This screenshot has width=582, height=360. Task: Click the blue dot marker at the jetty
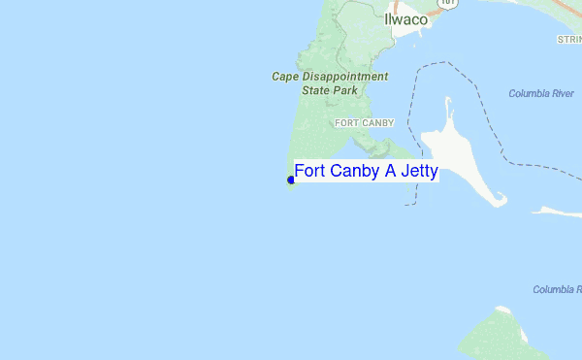[291, 180]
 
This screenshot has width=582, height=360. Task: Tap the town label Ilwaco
[405, 19]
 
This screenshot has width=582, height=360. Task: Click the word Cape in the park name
[287, 76]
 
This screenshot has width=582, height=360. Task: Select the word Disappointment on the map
[346, 76]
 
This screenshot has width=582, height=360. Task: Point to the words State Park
[330, 90]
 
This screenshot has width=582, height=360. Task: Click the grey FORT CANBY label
[364, 123]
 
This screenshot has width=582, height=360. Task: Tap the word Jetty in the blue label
[417, 172]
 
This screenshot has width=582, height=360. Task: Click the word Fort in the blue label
[310, 172]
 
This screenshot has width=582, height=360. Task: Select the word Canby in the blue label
[354, 172]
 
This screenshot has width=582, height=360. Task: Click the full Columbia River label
[540, 93]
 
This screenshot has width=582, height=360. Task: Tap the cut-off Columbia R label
[557, 289]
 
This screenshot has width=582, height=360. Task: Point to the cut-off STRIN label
[568, 40]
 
